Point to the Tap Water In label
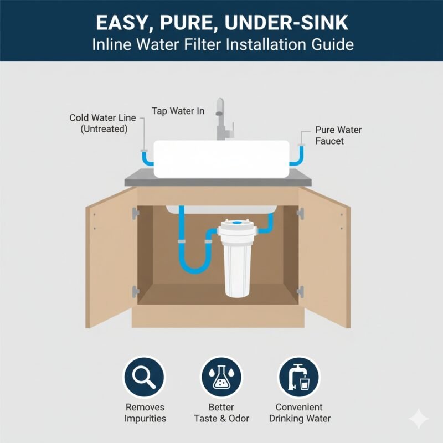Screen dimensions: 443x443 pyautogui.click(x=178, y=111)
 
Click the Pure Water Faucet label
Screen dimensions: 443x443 pyautogui.click(x=338, y=135)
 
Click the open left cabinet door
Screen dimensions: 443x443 pyautogui.click(x=110, y=257)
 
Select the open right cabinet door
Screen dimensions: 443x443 pyautogui.click(x=326, y=257)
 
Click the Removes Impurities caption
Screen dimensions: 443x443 pyautogui.click(x=145, y=413)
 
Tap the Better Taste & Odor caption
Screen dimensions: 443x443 pyautogui.click(x=221, y=413)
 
